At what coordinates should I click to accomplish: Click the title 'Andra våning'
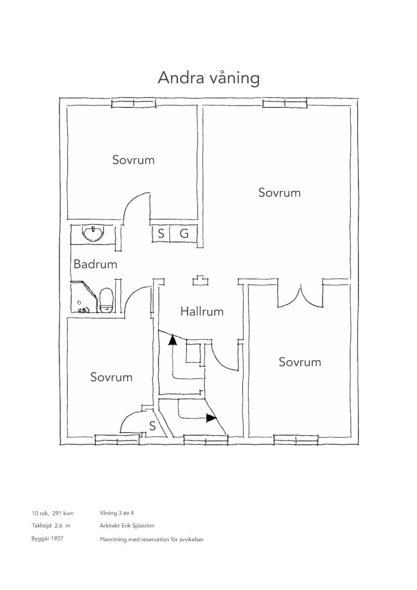point(209,78)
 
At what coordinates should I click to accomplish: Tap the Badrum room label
point(95,264)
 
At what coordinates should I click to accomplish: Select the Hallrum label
point(202,312)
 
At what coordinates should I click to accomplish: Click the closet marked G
point(183,233)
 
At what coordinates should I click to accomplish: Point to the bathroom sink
point(93,234)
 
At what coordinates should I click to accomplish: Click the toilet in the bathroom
point(106,300)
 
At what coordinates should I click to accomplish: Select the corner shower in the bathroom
point(84,297)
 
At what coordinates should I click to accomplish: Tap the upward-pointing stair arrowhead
point(173,340)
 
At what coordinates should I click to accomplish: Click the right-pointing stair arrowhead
point(212,417)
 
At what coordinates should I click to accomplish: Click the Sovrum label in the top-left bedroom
point(133,160)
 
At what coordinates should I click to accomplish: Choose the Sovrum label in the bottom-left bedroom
point(112,377)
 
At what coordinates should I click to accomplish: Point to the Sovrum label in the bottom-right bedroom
point(300,362)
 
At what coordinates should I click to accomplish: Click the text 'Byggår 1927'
point(47,539)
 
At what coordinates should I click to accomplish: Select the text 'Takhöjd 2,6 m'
point(51,526)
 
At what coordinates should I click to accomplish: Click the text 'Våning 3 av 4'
point(117,513)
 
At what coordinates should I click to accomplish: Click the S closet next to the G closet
point(161,233)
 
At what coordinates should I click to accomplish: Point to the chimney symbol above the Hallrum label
point(201,281)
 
